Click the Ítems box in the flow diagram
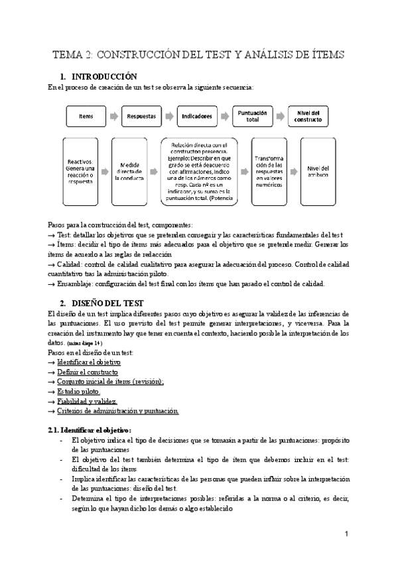[x=86, y=116]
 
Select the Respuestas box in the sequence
[x=142, y=116]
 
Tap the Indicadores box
[x=198, y=116]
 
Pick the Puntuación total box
[x=252, y=116]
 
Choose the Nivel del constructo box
[x=308, y=116]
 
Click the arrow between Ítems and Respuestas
[x=114, y=116]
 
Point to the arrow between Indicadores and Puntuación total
[x=226, y=116]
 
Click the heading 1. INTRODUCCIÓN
[x=107, y=76]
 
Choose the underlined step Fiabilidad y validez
[x=88, y=402]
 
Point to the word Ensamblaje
[x=78, y=284]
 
